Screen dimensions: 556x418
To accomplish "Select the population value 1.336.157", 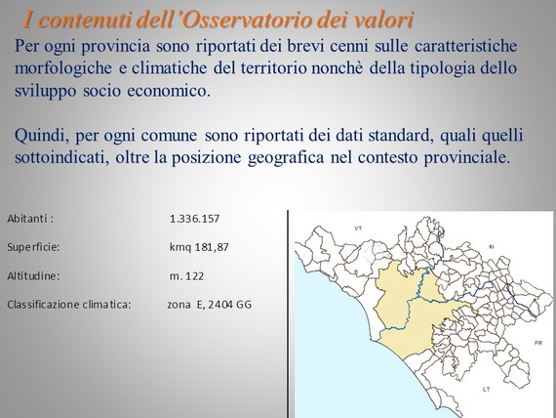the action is pyautogui.click(x=194, y=219).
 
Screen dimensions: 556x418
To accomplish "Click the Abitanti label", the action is pyautogui.click(x=30, y=219).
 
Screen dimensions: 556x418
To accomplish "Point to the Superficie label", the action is pyautogui.click(x=33, y=247).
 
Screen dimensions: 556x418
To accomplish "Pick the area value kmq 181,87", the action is pyautogui.click(x=199, y=247).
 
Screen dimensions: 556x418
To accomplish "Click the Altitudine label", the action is pyautogui.click(x=33, y=276).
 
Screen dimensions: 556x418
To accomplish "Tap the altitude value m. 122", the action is pyautogui.click(x=186, y=276).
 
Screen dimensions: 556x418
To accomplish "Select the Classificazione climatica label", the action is pyautogui.click(x=69, y=305).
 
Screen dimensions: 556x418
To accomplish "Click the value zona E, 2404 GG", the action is pyautogui.click(x=209, y=305).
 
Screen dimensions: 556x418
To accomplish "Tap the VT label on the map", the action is pyautogui.click(x=359, y=229).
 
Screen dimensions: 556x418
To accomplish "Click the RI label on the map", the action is pyautogui.click(x=491, y=246).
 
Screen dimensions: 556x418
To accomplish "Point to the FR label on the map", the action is pyautogui.click(x=538, y=344).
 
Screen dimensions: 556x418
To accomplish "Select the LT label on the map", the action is pyautogui.click(x=486, y=390).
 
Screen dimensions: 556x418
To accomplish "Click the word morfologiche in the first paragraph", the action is pyautogui.click(x=63, y=68).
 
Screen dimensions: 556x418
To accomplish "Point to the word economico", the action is pyautogui.click(x=169, y=91).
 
